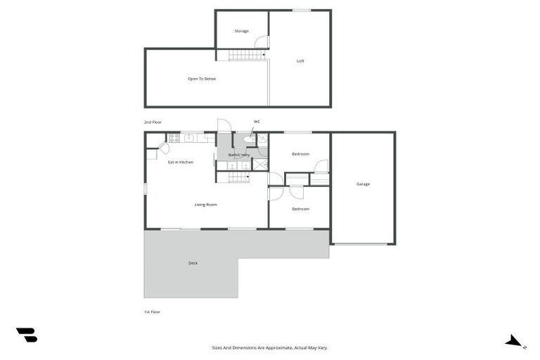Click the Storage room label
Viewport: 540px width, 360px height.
241,31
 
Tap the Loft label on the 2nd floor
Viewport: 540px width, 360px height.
300,61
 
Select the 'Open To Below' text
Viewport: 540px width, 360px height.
201,79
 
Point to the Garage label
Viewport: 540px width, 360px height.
363,184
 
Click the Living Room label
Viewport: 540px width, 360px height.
205,205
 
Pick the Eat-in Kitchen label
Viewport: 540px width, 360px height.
180,162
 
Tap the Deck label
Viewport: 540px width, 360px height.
193,263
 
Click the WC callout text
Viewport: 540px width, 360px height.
257,122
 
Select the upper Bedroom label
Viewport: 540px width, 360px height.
301,153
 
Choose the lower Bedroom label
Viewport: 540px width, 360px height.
301,209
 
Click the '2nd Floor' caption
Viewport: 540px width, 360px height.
153,122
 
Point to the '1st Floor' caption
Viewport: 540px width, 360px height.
152,311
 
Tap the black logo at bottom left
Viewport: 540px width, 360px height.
26,335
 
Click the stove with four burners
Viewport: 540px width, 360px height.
174,138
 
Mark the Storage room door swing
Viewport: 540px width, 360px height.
261,41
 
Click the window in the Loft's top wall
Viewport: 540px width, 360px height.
302,11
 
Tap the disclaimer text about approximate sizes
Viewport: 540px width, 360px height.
270,347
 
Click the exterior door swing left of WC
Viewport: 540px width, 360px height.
224,125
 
